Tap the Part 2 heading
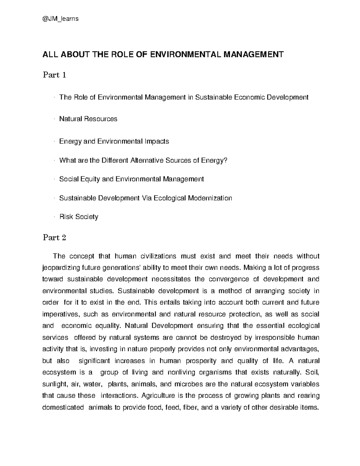coord(54,238)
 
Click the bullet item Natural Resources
coord(88,119)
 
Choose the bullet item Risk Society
coord(79,217)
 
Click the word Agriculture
coord(158,395)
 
